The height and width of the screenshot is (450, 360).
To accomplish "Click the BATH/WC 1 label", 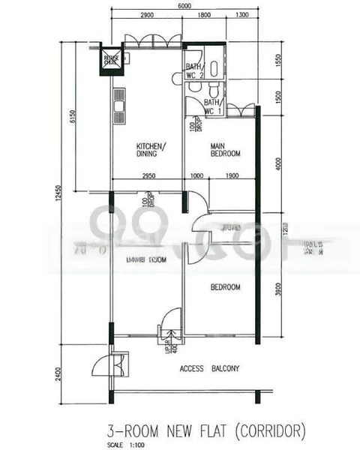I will tap(213, 106).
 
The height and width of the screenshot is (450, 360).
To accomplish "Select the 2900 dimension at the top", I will tap(147, 16).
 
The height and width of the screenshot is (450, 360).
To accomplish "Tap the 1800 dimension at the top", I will tap(204, 16).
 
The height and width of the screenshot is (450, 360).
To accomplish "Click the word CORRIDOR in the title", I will tap(267, 430).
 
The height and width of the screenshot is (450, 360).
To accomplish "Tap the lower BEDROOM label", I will tap(225, 287).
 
